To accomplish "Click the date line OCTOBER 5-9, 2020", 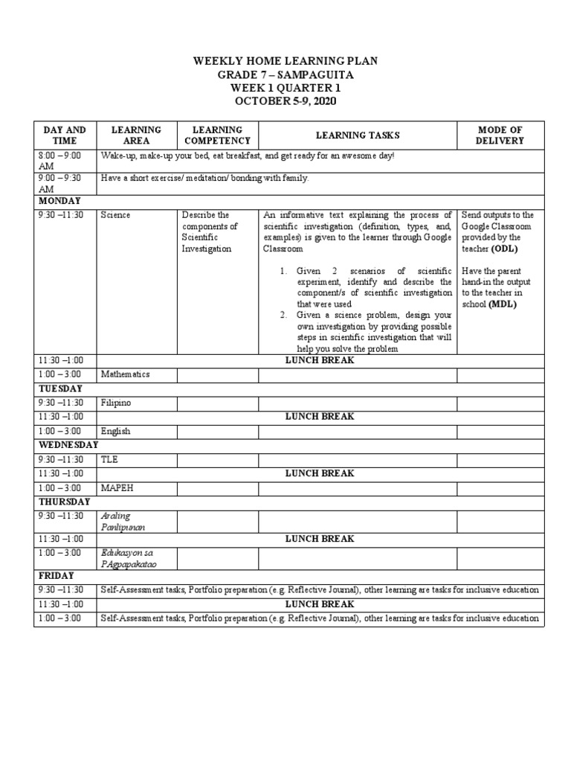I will [x=285, y=100].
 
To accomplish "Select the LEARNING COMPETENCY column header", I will [x=217, y=135].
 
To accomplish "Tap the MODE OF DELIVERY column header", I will [x=500, y=135].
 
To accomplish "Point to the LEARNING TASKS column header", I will [x=358, y=135].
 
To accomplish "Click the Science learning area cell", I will [x=116, y=215].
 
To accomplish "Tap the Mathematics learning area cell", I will [x=126, y=374].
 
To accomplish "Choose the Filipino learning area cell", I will [x=117, y=403].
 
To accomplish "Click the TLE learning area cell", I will [x=109, y=459].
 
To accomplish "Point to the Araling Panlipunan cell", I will [x=123, y=521].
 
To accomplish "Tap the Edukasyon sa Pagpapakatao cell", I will [x=130, y=557].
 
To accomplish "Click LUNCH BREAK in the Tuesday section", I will [x=320, y=417].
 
